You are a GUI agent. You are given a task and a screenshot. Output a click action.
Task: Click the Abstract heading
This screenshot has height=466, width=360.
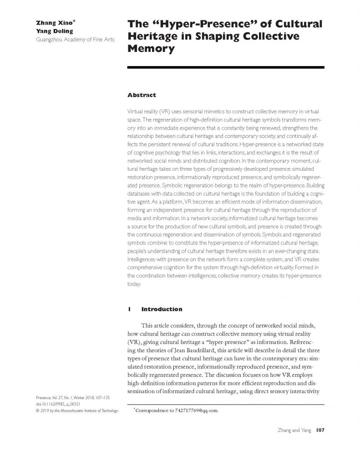[x=142, y=95]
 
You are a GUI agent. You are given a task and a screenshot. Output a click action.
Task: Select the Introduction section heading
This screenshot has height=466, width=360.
[x=162, y=309]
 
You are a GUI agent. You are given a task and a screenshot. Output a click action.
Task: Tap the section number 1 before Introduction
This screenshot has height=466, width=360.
[x=130, y=309]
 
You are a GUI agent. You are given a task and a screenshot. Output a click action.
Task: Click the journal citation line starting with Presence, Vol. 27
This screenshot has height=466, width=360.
[x=72, y=397]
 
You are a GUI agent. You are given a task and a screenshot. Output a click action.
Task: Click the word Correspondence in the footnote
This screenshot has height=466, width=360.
[x=155, y=410]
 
